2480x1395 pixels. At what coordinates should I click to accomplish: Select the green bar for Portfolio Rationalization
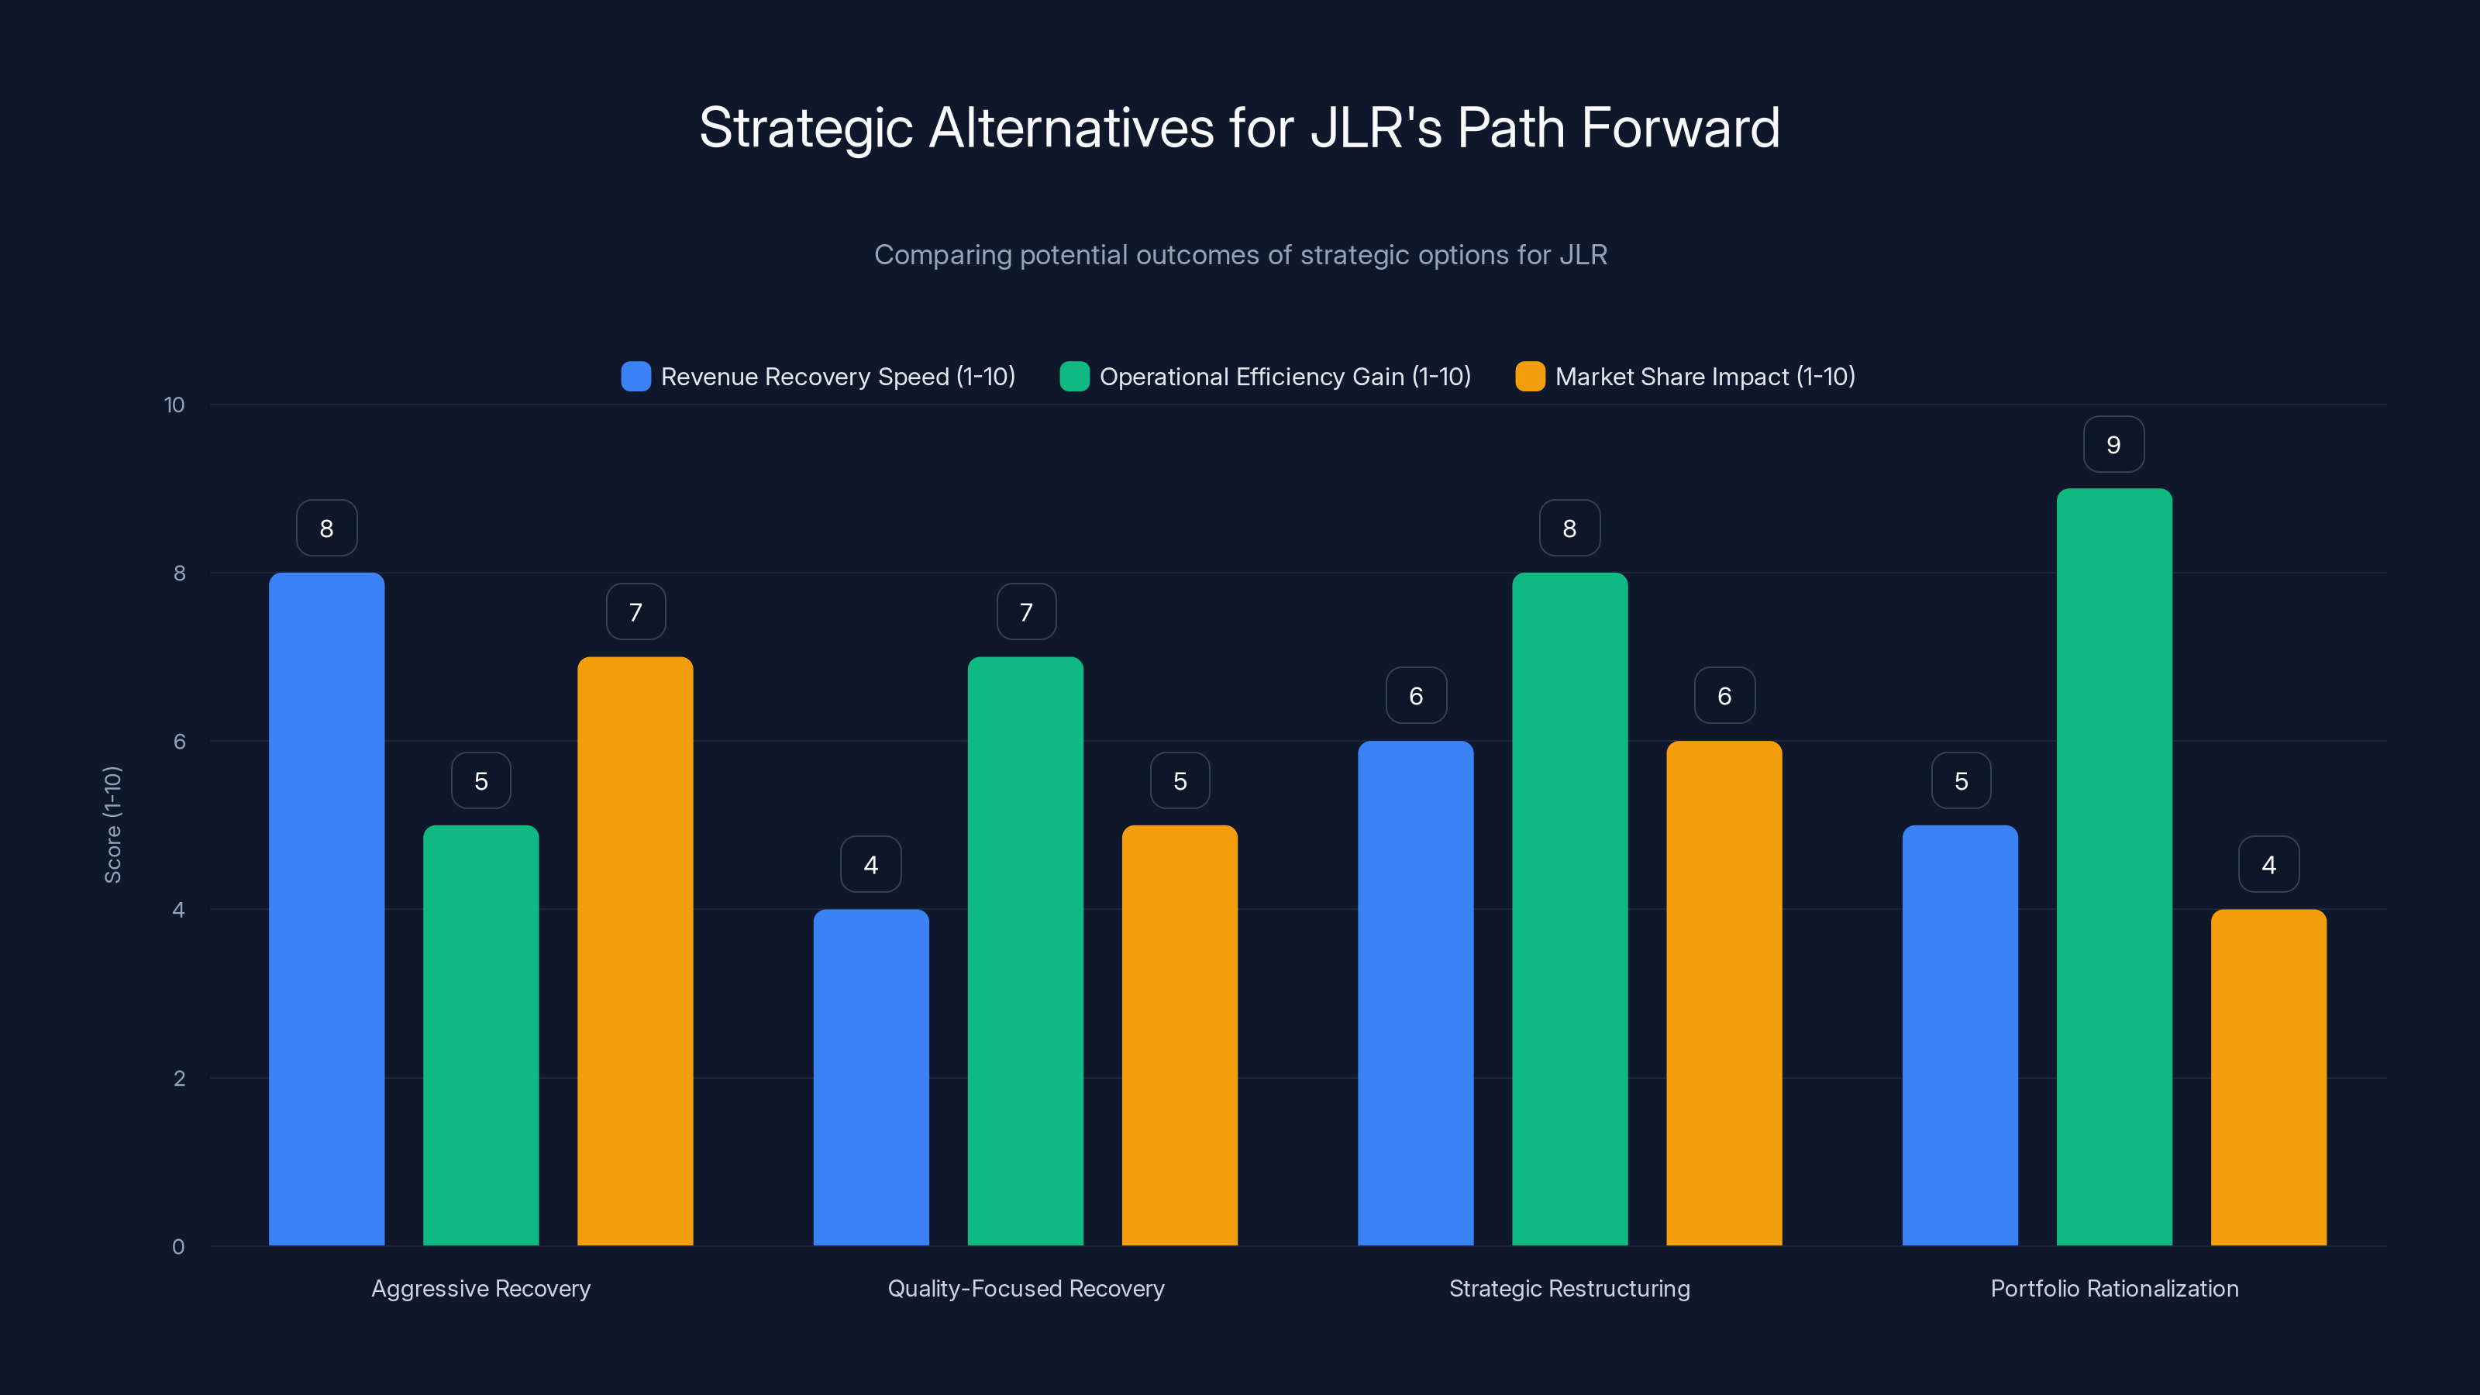click(x=2113, y=866)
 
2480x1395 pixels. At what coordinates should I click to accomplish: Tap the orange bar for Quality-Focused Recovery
click(x=1180, y=1035)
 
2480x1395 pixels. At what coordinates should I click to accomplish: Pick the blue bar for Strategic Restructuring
click(x=1415, y=993)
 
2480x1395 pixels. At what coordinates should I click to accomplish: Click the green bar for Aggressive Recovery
click(x=480, y=1035)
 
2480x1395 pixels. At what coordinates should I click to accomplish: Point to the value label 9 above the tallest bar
click(x=2113, y=445)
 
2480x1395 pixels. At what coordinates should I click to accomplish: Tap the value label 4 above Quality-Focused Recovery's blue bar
click(x=870, y=865)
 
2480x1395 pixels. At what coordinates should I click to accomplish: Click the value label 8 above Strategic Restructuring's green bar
click(x=1569, y=529)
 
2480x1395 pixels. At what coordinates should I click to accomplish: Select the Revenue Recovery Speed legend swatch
click(x=635, y=377)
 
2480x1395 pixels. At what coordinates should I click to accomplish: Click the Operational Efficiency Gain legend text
click(x=1284, y=377)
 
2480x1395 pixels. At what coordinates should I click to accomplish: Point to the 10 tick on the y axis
click(x=174, y=405)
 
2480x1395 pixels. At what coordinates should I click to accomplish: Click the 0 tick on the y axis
click(x=178, y=1247)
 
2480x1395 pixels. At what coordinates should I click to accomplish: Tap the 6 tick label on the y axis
click(x=179, y=742)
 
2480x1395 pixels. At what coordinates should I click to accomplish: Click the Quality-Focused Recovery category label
click(x=1025, y=1288)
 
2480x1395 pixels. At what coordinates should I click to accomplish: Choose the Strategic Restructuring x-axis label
click(x=1569, y=1288)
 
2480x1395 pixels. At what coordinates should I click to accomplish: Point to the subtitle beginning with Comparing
click(x=1240, y=255)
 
